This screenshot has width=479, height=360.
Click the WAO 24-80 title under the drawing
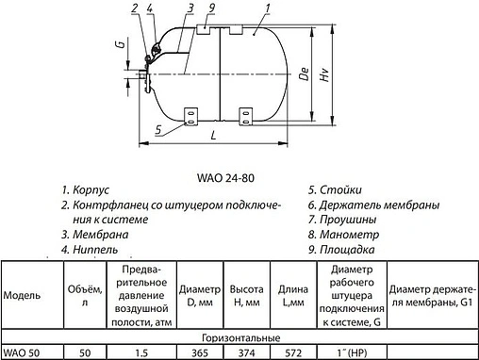point(239,174)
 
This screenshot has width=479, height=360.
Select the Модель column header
point(22,295)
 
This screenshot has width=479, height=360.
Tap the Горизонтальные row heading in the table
point(239,336)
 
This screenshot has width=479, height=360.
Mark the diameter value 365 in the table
point(197,352)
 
